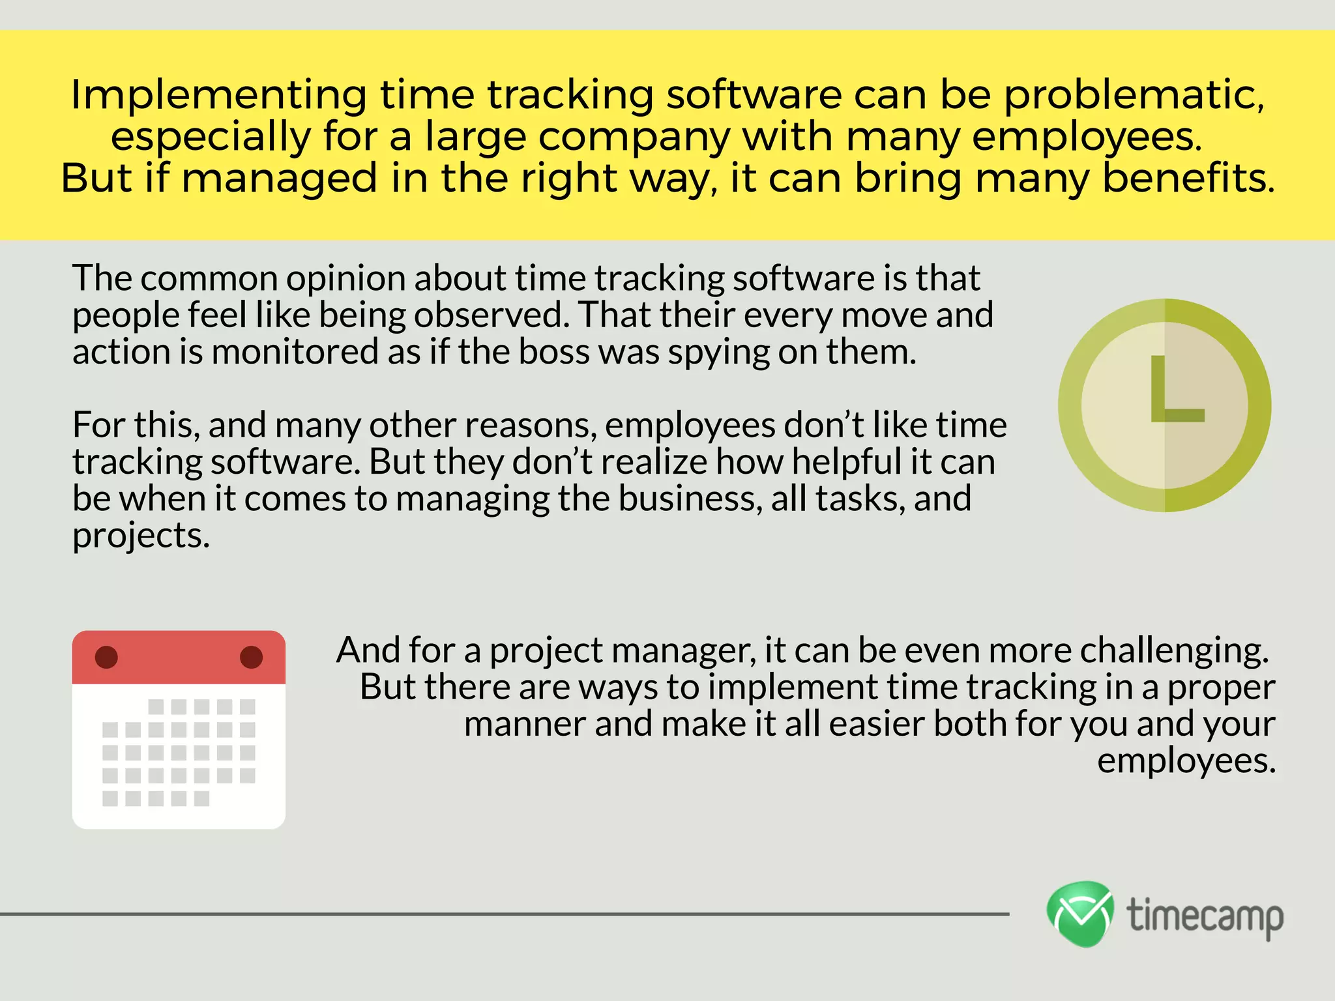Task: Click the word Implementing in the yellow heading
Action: tap(218, 95)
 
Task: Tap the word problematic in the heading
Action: tap(1134, 95)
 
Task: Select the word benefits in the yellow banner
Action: tap(1188, 178)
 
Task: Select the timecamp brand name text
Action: tap(1205, 916)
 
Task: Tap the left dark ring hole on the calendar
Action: tap(106, 657)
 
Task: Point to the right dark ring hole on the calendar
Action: tap(251, 657)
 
